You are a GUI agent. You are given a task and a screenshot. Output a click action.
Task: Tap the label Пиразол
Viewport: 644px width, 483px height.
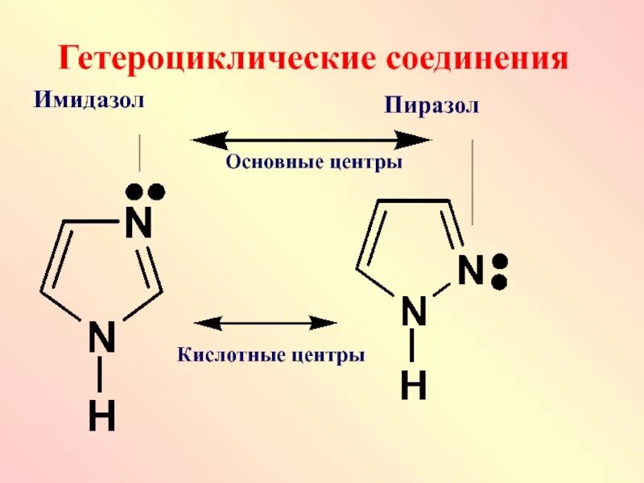point(431,105)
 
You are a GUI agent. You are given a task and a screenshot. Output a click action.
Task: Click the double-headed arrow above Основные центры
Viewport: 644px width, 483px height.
point(312,140)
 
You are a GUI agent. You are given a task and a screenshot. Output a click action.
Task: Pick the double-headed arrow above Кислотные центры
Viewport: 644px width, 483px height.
point(266,323)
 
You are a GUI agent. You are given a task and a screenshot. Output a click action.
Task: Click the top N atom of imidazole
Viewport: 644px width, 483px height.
point(138,225)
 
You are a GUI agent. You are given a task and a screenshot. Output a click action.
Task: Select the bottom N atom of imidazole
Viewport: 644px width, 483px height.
point(101,337)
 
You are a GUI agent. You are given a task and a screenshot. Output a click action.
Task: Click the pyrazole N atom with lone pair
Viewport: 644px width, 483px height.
point(470,271)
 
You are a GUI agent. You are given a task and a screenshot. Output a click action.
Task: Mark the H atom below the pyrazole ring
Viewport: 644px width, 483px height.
point(413,387)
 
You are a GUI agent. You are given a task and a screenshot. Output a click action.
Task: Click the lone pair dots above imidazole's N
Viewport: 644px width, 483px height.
point(145,192)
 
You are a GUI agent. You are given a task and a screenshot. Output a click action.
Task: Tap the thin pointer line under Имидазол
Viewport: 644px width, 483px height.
point(140,153)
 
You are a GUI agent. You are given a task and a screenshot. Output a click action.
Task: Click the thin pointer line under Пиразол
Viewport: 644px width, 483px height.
point(473,182)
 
